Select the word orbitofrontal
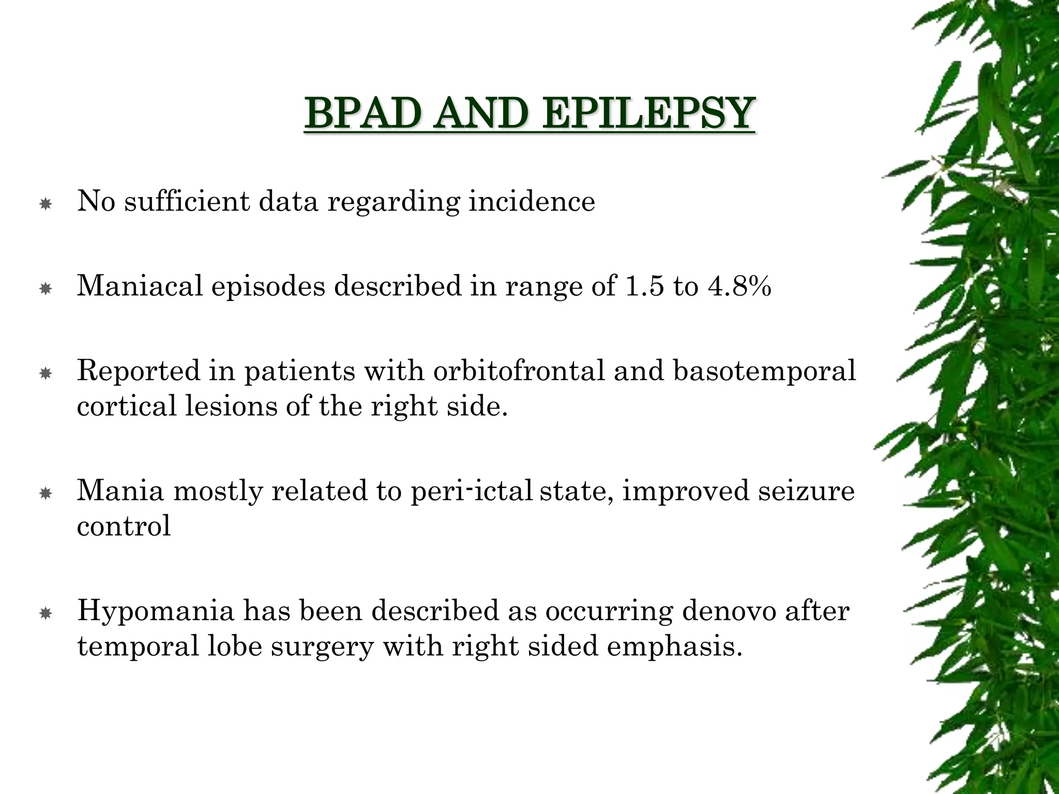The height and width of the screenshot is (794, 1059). tap(519, 371)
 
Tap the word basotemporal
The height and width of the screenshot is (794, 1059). tap(764, 371)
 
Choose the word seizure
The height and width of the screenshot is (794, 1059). tap(806, 490)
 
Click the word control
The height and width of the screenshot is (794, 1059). tap(124, 526)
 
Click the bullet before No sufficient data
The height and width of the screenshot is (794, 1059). tap(46, 205)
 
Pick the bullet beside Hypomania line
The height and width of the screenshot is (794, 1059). tap(46, 614)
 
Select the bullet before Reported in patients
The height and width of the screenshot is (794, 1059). tap(46, 373)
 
